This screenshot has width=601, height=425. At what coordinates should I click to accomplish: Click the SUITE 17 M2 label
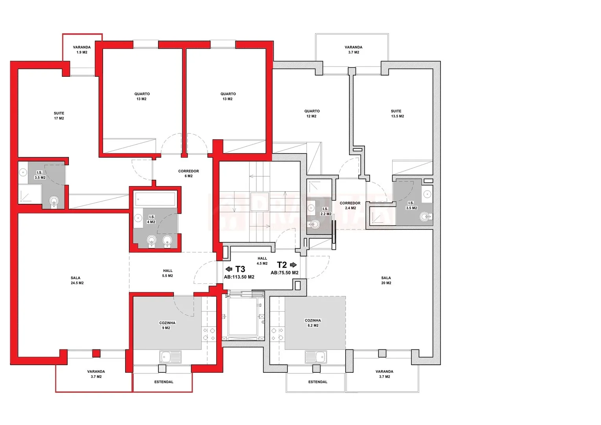tap(59, 116)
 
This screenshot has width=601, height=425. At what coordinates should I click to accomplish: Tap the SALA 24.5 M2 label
tap(77, 280)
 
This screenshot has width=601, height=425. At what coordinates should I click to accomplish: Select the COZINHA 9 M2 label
tap(167, 325)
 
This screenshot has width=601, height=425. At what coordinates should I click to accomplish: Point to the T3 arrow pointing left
tap(229, 269)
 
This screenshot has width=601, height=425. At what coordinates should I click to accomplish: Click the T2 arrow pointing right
tap(293, 265)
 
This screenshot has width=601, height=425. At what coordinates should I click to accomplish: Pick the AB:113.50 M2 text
tap(239, 277)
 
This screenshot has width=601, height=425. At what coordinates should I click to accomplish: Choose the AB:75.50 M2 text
tap(284, 272)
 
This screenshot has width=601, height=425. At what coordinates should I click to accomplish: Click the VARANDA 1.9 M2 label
tap(82, 50)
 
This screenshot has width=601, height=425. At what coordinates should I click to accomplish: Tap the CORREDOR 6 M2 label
tap(189, 174)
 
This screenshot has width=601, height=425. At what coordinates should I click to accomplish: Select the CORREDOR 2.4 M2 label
tap(350, 205)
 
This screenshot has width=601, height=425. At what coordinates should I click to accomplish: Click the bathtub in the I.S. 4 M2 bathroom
tap(155, 199)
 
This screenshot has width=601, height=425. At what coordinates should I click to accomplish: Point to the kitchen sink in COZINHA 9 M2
tap(170, 357)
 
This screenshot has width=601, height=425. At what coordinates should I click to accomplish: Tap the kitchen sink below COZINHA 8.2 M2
tap(316, 357)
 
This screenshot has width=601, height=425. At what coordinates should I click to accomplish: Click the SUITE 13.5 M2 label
tap(397, 114)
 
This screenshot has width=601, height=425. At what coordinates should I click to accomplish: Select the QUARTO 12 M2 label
tap(312, 114)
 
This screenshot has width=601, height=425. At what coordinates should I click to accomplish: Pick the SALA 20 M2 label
tap(386, 280)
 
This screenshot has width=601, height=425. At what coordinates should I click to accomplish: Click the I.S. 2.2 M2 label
tap(326, 211)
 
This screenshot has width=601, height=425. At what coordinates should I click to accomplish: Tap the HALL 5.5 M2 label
tap(168, 273)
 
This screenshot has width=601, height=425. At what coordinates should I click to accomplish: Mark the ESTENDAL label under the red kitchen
tap(164, 382)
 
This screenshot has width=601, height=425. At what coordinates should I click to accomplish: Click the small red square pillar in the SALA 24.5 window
tap(96, 353)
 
